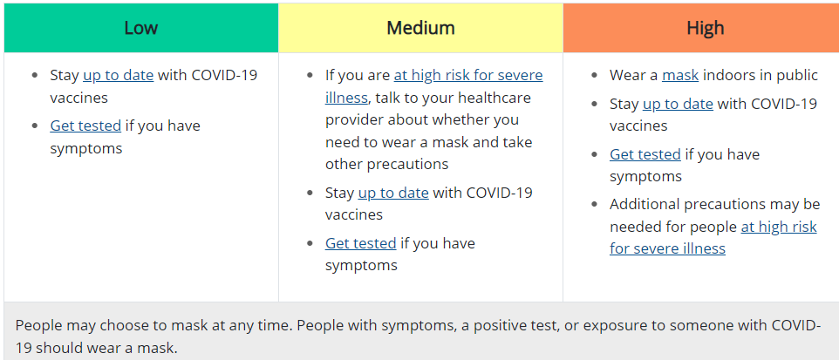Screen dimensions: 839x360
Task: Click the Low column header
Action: tap(140, 28)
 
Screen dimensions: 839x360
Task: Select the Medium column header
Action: tap(420, 28)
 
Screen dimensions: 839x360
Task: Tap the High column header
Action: tap(706, 28)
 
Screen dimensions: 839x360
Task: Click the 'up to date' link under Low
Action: tap(119, 76)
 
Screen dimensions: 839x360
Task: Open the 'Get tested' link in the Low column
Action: tap(85, 126)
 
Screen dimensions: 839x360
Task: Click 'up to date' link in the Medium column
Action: tap(393, 193)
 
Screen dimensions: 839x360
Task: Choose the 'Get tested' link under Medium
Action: tap(361, 243)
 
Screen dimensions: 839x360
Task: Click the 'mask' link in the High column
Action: tap(680, 76)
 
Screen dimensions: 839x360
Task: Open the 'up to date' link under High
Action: tap(678, 104)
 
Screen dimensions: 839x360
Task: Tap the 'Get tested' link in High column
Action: tap(645, 154)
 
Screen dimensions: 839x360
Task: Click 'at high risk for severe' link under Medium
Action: tap(468, 76)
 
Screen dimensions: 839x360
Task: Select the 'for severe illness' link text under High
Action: tap(667, 248)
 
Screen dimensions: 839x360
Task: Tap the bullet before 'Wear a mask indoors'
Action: tap(594, 76)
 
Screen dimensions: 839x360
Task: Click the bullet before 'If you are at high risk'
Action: tap(310, 76)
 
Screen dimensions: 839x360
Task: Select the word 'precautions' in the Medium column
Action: tap(408, 164)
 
